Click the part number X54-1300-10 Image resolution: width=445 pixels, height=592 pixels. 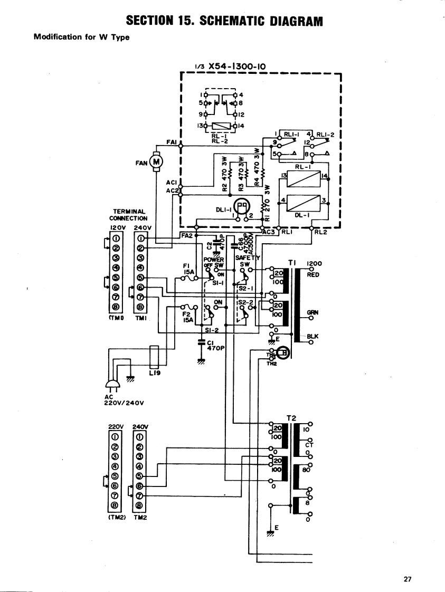236,66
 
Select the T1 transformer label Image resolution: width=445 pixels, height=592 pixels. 293,262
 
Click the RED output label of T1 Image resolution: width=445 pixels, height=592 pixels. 314,274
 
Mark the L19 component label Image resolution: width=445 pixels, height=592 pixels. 155,373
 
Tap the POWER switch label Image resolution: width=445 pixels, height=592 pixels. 214,260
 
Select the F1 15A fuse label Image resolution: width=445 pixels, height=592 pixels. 188,270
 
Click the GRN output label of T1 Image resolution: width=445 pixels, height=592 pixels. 314,312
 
